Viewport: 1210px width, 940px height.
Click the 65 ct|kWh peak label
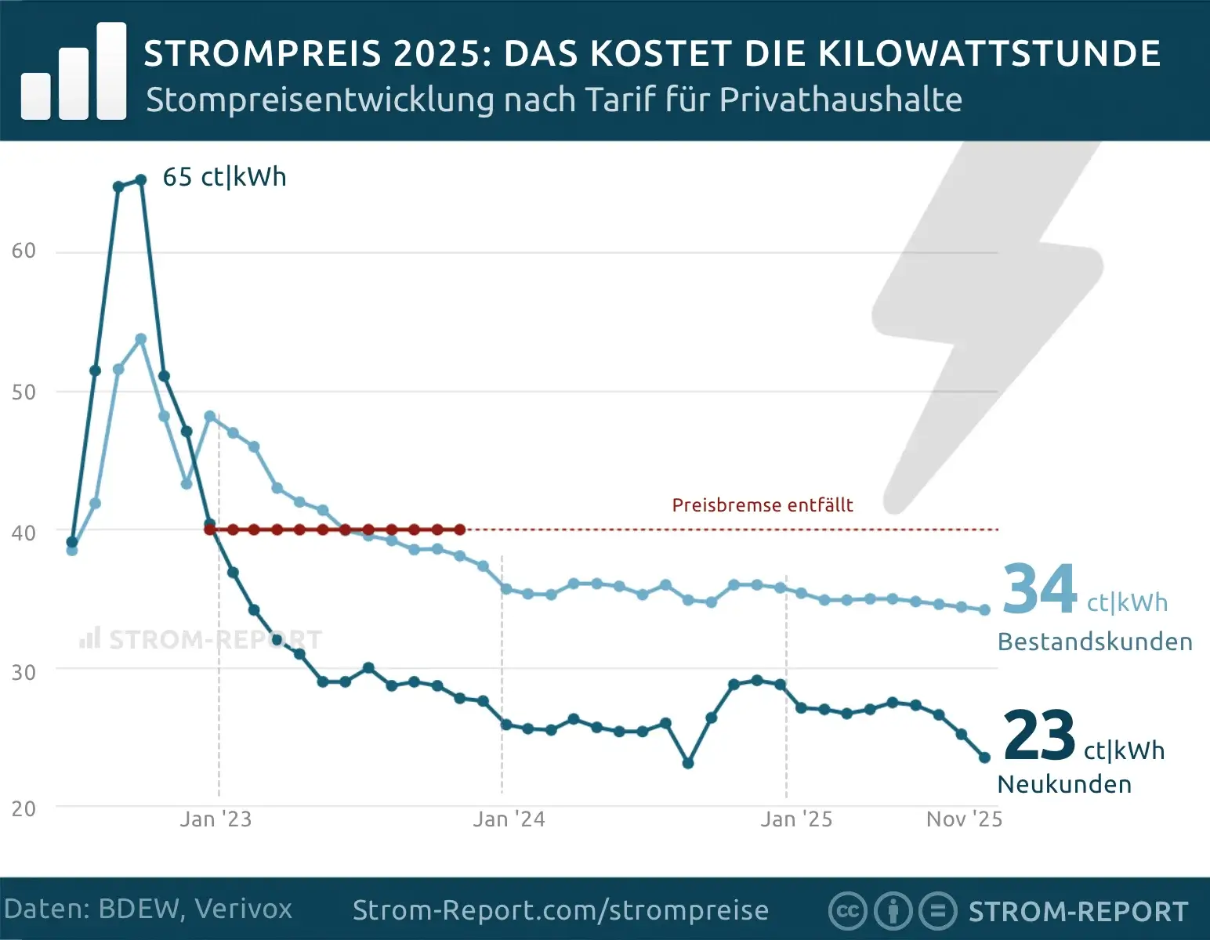click(224, 177)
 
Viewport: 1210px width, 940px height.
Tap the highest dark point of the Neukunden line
click(141, 180)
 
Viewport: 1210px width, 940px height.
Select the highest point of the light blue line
click(141, 339)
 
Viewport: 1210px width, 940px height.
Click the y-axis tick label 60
click(24, 251)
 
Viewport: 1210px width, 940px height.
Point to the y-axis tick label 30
click(24, 672)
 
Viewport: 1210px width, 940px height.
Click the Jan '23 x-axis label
click(216, 819)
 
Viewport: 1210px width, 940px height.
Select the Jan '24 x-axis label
click(509, 819)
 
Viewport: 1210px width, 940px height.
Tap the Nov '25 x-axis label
click(964, 819)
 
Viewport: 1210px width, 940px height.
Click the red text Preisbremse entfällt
click(762, 505)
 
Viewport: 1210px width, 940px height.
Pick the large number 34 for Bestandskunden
click(1040, 590)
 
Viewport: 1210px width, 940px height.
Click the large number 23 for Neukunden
click(1038, 736)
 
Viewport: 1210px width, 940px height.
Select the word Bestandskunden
click(1095, 642)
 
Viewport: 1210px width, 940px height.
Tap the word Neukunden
click(1064, 784)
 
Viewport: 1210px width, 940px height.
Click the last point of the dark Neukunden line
click(984, 757)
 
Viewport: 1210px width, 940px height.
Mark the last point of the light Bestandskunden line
click(984, 609)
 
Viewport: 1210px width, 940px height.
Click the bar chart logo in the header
click(74, 72)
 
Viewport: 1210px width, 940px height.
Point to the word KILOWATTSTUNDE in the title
click(989, 53)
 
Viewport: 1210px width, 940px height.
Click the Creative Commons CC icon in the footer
click(847, 911)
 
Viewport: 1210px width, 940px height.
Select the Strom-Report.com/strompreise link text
click(560, 910)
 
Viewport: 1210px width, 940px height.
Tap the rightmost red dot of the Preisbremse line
click(460, 530)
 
